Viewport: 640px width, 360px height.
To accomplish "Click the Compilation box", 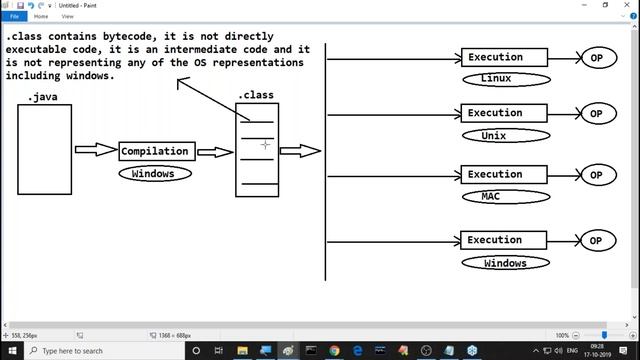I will pyautogui.click(x=155, y=151).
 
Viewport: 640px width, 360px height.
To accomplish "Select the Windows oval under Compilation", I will pyautogui.click(x=153, y=173).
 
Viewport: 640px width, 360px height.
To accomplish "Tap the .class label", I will pyautogui.click(x=256, y=95).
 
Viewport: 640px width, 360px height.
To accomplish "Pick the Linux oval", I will pyautogui.click(x=506, y=78).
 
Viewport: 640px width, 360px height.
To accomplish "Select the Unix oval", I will pyautogui.click(x=506, y=135).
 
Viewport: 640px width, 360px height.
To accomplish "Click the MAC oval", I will pyautogui.click(x=506, y=196).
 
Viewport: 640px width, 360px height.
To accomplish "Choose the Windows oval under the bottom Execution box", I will pyautogui.click(x=506, y=263).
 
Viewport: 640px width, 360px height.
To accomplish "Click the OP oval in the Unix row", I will pyautogui.click(x=596, y=114).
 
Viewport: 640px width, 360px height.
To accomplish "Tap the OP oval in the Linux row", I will pyautogui.click(x=596, y=58).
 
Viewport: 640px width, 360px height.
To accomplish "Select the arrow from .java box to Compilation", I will pyautogui.click(x=96, y=150).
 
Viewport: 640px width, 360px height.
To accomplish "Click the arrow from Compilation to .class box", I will pyautogui.click(x=214, y=152).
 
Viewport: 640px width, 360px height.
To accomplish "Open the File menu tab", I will pyautogui.click(x=15, y=16).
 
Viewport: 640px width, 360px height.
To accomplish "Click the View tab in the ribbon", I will pyautogui.click(x=67, y=16).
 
